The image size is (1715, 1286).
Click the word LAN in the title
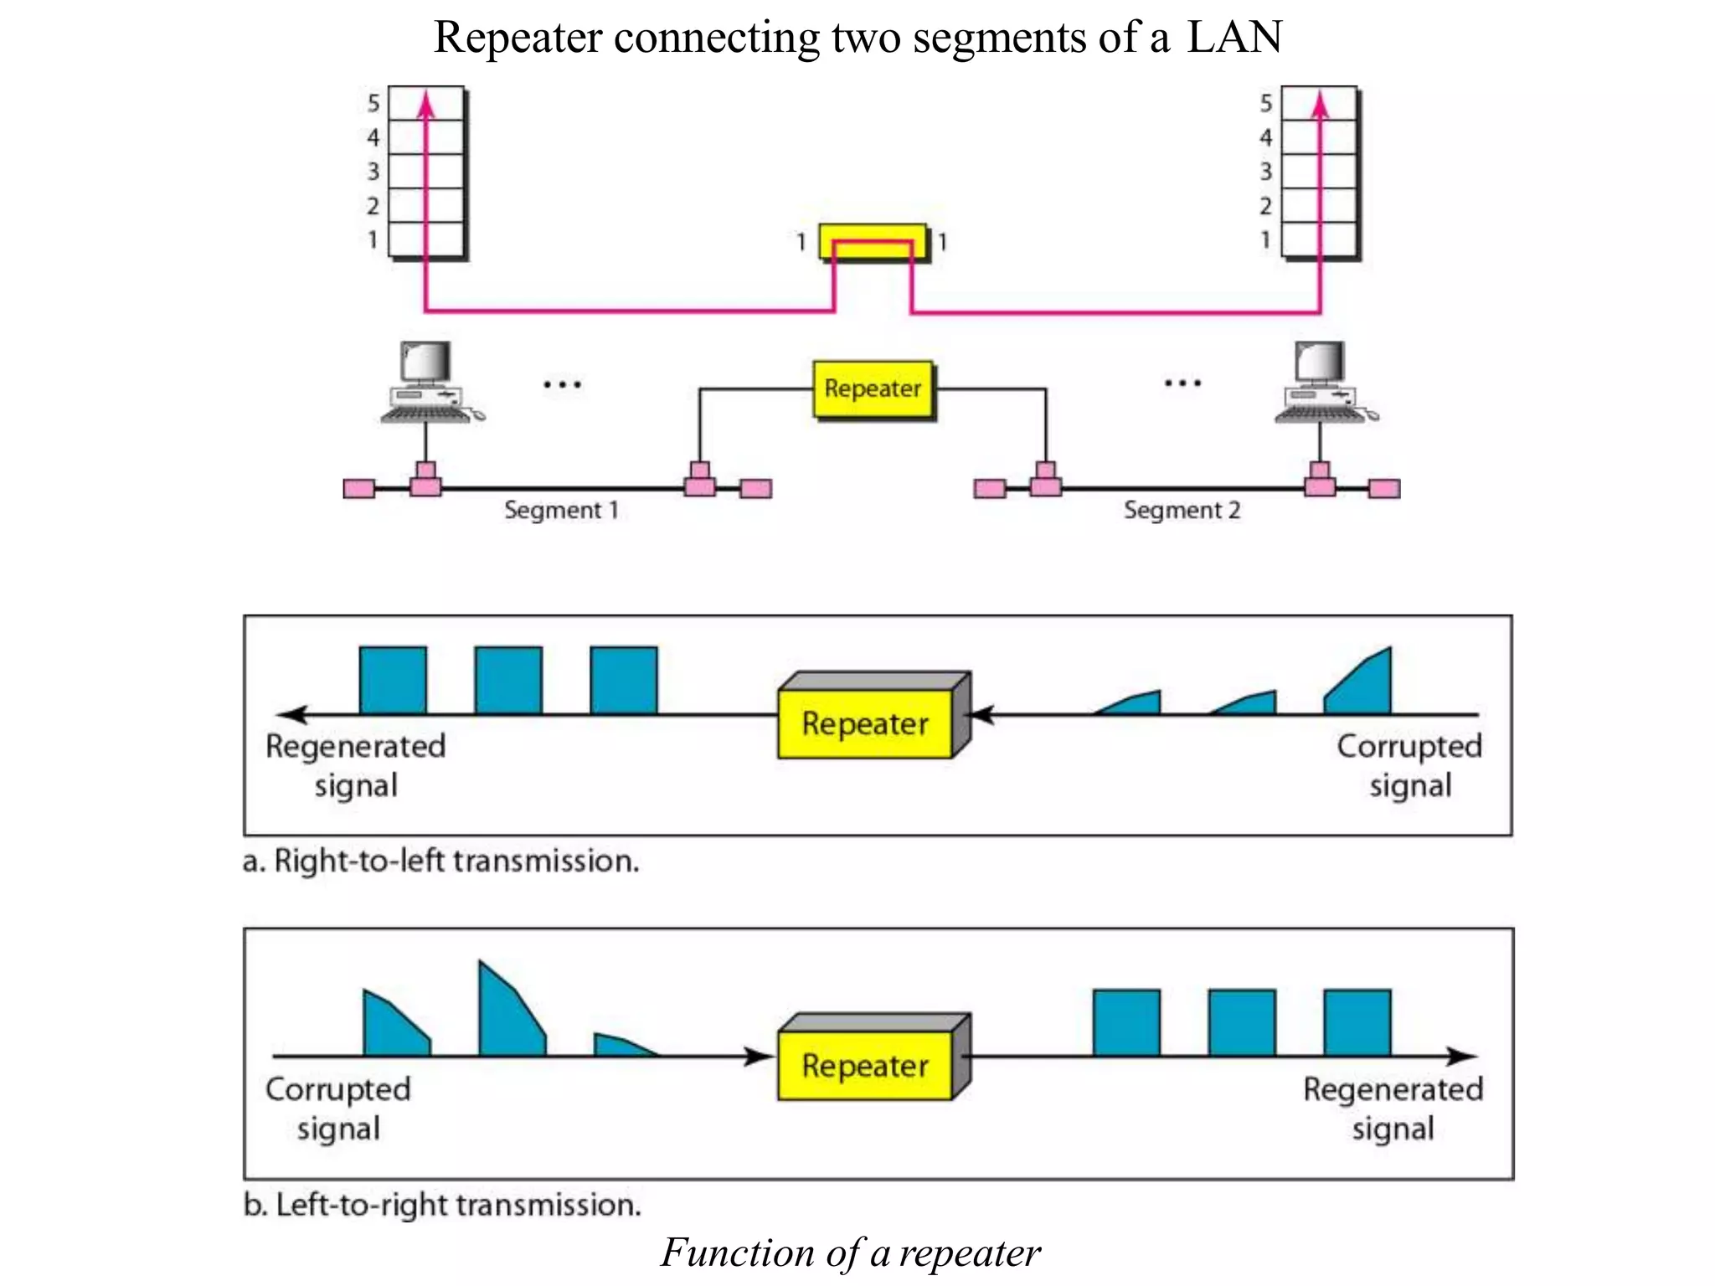pos(1234,38)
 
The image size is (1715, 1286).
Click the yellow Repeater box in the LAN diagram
pos(873,388)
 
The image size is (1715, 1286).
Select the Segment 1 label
pos(561,510)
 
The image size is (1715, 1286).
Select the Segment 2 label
pos(1182,510)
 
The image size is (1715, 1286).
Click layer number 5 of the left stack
pos(373,104)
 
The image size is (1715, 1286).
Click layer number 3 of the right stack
pos(1266,172)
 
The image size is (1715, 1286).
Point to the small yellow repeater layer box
pos(873,242)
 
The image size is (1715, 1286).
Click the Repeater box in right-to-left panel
pos(866,723)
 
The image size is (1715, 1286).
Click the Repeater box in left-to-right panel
pos(866,1065)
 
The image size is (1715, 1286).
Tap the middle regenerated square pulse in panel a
pos(508,680)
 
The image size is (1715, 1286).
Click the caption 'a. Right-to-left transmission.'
pos(440,861)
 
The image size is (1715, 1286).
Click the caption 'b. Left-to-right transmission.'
pos(442,1205)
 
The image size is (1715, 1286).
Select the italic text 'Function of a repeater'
pos(850,1253)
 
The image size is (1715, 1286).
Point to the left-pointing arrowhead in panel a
pos(291,715)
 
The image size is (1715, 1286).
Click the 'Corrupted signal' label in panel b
pos(338,1108)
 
